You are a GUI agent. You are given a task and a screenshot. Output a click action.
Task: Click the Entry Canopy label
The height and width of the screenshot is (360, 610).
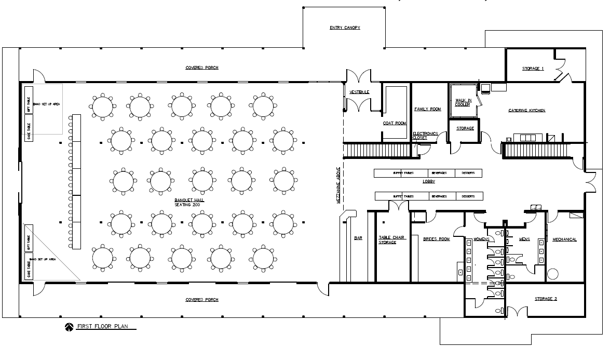click(x=345, y=28)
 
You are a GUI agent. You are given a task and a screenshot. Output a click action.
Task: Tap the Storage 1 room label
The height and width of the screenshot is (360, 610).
click(x=533, y=69)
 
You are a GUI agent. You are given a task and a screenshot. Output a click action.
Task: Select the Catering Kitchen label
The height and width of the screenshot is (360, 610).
click(x=526, y=110)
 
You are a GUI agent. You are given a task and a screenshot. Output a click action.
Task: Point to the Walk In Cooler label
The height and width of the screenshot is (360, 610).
click(x=463, y=102)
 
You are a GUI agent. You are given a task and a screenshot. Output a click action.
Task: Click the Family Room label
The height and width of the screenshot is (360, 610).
click(x=427, y=109)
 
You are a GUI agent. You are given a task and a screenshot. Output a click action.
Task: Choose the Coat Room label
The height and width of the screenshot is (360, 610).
click(x=395, y=123)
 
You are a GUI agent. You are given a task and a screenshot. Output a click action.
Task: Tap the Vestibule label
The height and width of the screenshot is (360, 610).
click(x=359, y=92)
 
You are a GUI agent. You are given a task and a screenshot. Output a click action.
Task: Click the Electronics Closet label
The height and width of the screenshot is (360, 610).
click(x=425, y=136)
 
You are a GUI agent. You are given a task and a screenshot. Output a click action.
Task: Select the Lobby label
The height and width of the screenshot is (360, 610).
click(x=428, y=181)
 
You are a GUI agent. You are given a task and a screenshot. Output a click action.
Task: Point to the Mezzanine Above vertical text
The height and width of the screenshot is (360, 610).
click(x=338, y=188)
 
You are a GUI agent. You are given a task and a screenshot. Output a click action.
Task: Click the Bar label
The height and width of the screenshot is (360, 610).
click(x=358, y=238)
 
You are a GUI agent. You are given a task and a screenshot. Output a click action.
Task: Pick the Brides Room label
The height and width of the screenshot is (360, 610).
click(x=436, y=239)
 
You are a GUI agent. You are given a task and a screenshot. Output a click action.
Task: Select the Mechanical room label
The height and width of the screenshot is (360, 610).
click(x=564, y=239)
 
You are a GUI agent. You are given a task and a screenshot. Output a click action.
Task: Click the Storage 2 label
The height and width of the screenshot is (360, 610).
click(x=546, y=299)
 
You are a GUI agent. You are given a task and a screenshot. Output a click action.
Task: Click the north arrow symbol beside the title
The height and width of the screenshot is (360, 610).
click(x=69, y=327)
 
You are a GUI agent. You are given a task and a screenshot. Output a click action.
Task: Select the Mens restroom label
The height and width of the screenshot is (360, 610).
click(x=524, y=239)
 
